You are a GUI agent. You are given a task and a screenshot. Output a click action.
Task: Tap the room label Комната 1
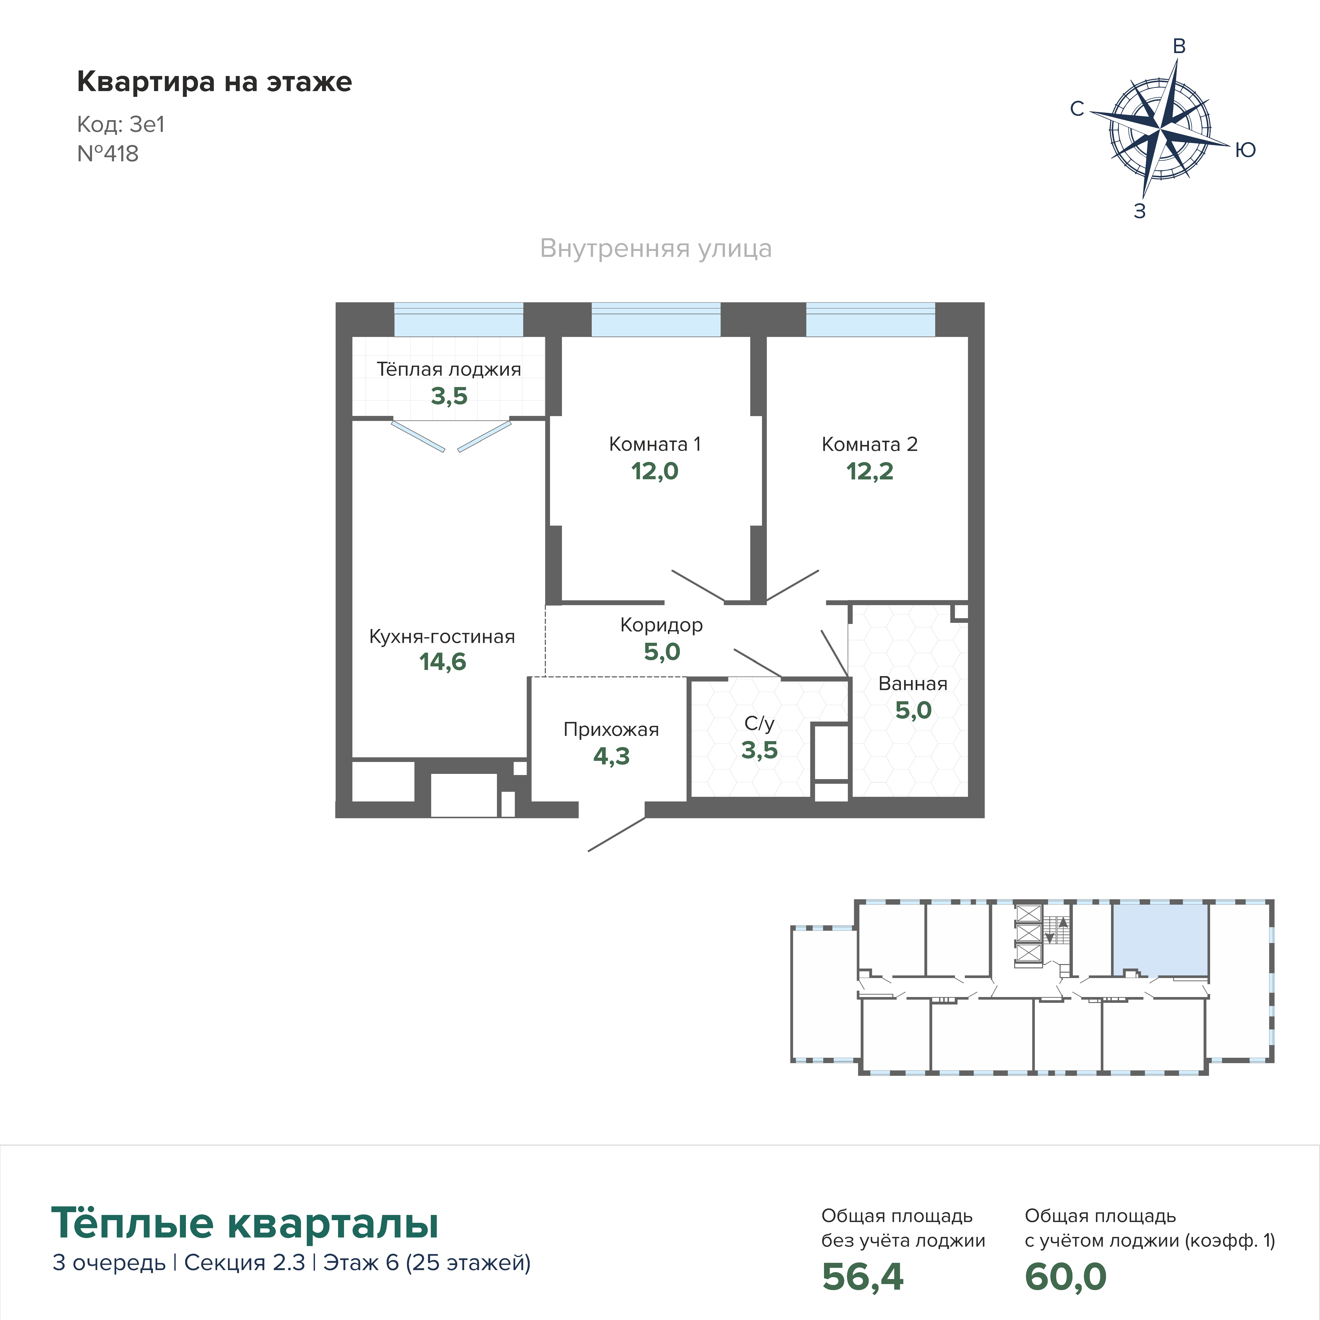click(655, 444)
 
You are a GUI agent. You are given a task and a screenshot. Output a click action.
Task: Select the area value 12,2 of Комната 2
click(870, 471)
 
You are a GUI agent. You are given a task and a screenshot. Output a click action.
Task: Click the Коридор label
click(661, 625)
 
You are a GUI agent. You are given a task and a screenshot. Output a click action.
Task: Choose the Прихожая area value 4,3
click(611, 756)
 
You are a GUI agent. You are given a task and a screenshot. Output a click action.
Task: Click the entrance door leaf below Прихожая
click(617, 834)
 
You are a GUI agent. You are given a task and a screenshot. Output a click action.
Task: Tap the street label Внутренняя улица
click(656, 249)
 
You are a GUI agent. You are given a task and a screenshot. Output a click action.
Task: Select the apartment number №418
click(108, 154)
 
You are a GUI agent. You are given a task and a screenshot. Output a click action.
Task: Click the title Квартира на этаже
click(215, 82)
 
